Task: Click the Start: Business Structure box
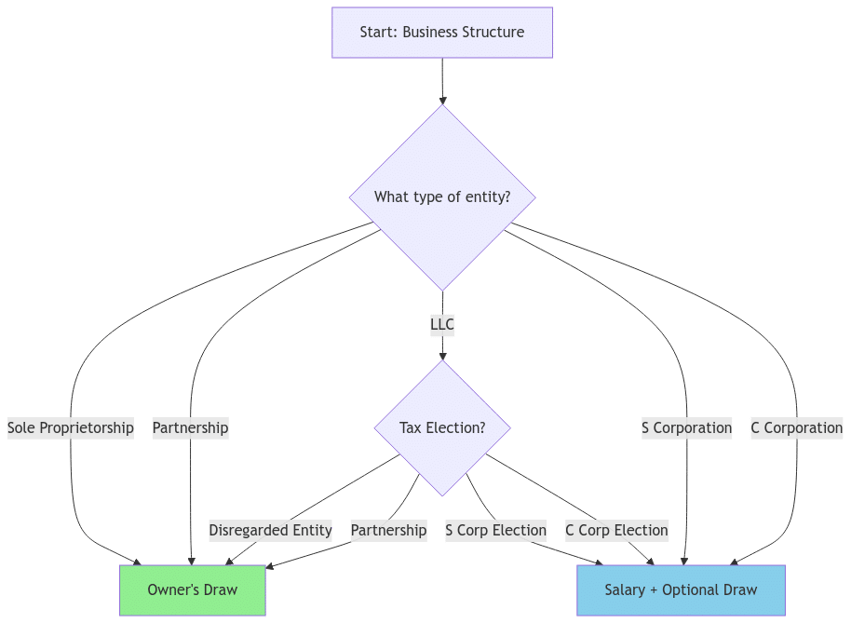click(x=442, y=33)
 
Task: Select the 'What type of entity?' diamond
click(x=442, y=196)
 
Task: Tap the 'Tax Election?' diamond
click(x=442, y=427)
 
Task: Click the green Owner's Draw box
click(x=192, y=589)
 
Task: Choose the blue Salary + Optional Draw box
click(x=681, y=589)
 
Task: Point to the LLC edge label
click(x=442, y=325)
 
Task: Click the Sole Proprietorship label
click(x=71, y=427)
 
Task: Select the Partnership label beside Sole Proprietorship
click(x=190, y=427)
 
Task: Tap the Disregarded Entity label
click(x=270, y=530)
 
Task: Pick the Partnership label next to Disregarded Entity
click(x=388, y=530)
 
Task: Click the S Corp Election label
click(x=495, y=530)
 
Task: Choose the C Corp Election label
click(x=616, y=530)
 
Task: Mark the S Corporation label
click(x=686, y=427)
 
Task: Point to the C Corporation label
click(x=797, y=427)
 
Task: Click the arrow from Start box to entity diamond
click(x=442, y=80)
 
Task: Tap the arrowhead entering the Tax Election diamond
click(x=442, y=355)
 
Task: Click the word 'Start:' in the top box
click(x=379, y=33)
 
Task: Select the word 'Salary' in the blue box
click(x=625, y=589)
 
